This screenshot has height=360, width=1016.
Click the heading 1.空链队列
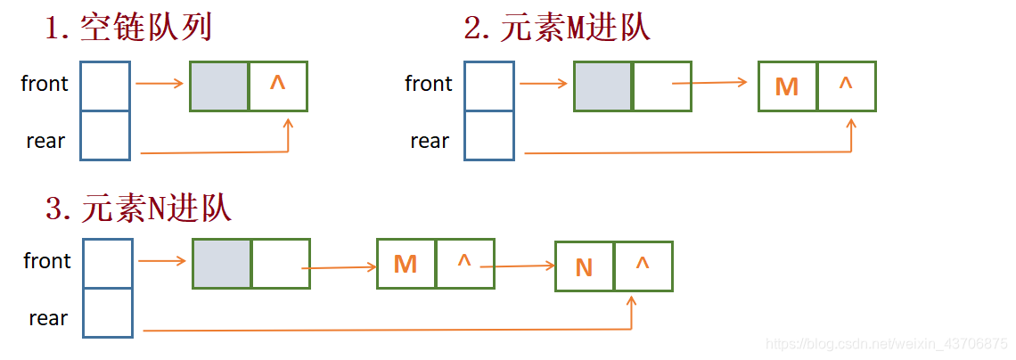[x=128, y=29]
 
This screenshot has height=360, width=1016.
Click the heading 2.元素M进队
[x=557, y=29]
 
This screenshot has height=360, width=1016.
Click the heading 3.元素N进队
[x=138, y=209]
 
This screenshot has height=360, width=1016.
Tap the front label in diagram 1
[x=45, y=84]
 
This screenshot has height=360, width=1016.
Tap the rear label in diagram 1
[x=45, y=141]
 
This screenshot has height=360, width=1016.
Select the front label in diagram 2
[x=429, y=84]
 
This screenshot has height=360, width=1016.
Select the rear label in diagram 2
[x=430, y=141]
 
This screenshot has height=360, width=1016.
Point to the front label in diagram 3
[x=47, y=261]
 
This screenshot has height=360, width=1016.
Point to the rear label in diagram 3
[x=48, y=318]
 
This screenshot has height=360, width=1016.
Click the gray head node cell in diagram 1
[x=219, y=86]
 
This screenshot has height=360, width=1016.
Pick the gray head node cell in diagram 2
[x=603, y=86]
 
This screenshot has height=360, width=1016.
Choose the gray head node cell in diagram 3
[x=222, y=264]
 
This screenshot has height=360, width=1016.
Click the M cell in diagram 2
[x=787, y=86]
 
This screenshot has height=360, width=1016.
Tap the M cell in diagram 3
[x=406, y=264]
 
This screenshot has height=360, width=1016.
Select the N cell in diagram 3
[x=584, y=266]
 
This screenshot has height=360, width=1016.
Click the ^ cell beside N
[x=643, y=266]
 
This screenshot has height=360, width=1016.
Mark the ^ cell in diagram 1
[x=278, y=86]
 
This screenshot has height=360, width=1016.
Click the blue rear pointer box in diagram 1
[x=105, y=135]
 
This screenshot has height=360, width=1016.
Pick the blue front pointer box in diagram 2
[x=489, y=86]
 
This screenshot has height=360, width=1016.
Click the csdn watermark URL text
[x=887, y=344]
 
